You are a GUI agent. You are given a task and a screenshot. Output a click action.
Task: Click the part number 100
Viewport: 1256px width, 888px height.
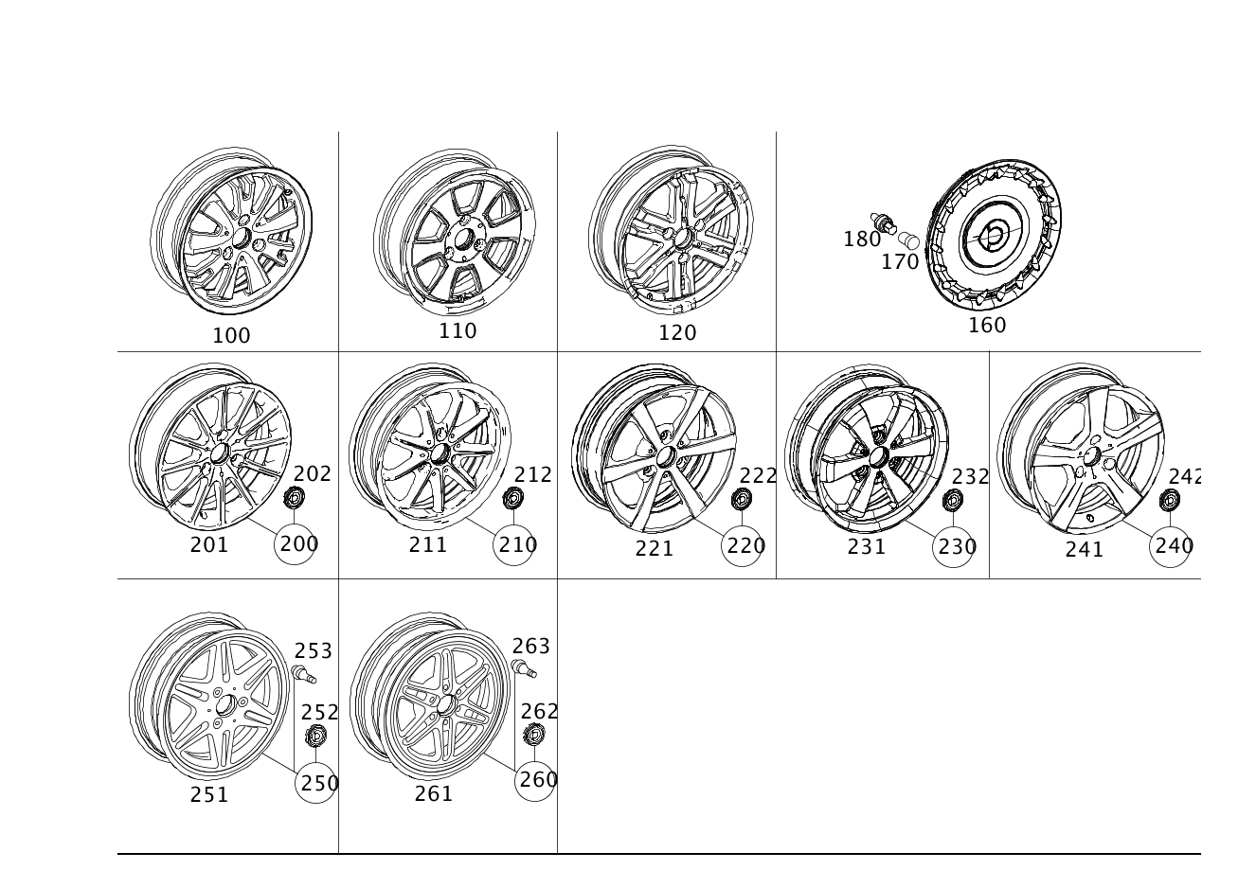231,335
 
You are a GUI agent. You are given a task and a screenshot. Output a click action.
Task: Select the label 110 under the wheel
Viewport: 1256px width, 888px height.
458,330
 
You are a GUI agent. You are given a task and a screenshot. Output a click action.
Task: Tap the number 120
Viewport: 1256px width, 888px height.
677,333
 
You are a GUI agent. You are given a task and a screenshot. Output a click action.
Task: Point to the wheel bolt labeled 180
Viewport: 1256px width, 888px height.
884,223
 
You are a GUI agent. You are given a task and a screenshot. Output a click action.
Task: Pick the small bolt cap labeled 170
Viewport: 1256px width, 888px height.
908,240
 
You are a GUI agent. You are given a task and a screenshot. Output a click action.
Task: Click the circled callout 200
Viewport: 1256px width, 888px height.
295,544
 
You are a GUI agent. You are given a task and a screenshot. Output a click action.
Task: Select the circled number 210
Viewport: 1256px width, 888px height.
513,544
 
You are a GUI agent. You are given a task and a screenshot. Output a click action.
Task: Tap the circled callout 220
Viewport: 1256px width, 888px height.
742,545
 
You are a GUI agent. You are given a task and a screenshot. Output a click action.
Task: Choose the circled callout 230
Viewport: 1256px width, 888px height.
953,547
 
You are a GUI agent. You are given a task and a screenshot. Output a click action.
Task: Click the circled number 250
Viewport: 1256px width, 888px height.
315,783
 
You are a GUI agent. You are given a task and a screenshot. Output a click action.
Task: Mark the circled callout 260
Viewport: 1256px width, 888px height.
535,780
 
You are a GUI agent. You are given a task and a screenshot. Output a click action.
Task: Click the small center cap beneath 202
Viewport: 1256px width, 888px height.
294,498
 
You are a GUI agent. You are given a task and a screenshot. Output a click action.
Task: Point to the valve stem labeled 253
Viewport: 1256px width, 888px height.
304,673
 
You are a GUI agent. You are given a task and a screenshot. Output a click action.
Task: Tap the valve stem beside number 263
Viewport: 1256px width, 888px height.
524,668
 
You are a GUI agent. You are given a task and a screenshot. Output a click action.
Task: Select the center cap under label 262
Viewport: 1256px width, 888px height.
534,734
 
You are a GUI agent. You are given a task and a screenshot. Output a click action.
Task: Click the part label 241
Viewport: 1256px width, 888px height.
1085,550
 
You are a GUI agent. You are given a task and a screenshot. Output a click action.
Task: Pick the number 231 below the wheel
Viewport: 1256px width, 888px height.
867,546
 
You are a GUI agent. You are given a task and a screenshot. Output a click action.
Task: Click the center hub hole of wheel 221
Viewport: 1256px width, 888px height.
666,456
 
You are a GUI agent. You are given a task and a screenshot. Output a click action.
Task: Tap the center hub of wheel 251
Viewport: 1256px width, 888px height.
226,706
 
